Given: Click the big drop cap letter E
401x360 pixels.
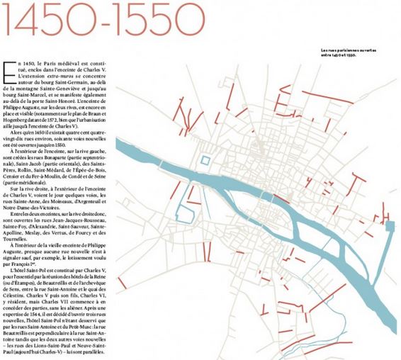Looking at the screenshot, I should [11, 69].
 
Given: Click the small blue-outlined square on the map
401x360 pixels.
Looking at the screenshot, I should [205, 160].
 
